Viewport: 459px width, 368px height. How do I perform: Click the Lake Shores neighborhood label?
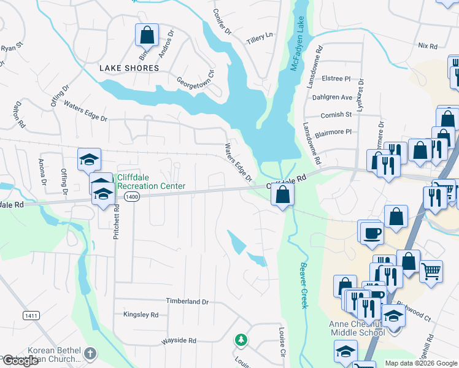(x=129, y=68)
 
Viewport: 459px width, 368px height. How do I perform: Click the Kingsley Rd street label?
(x=141, y=315)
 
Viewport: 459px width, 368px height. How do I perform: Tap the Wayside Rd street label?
(x=179, y=340)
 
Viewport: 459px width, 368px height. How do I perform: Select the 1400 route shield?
(x=131, y=196)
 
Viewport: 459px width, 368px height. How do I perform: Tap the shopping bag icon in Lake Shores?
(x=147, y=35)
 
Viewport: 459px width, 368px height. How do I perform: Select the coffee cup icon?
(x=372, y=232)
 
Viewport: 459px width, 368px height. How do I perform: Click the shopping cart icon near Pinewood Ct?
(x=431, y=270)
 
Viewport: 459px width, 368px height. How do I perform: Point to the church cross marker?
(x=90, y=353)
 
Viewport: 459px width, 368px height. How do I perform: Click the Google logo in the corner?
(x=20, y=361)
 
